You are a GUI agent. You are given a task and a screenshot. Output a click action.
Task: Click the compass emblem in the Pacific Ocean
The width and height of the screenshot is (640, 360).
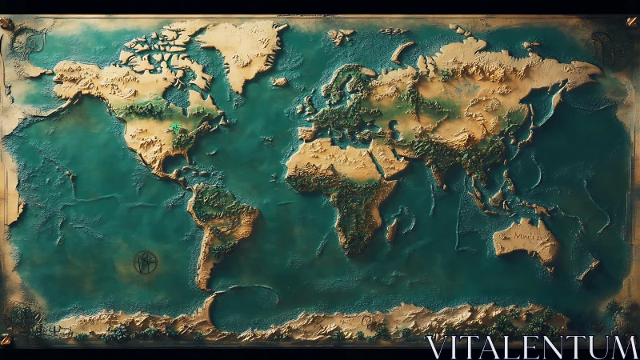pos(146,262)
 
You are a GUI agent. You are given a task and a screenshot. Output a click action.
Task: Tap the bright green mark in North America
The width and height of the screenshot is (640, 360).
pos(174,126)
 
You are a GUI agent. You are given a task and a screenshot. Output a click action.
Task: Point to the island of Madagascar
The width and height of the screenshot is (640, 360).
pos(391,230)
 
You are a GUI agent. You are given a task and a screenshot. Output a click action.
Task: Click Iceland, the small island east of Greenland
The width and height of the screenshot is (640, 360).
pos(278,82)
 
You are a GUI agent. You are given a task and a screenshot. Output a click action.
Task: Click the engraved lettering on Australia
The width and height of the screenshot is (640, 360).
pos(525,237)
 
